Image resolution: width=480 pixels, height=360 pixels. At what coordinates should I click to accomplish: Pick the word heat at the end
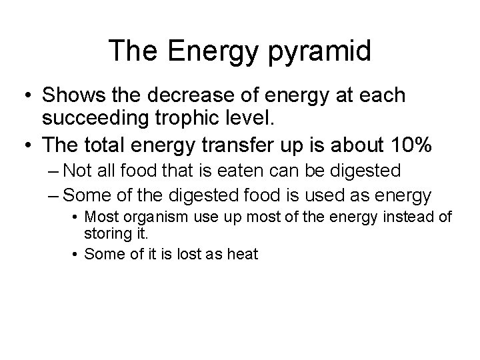(x=243, y=255)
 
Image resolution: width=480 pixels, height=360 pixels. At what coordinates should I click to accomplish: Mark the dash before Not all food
(x=55, y=171)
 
